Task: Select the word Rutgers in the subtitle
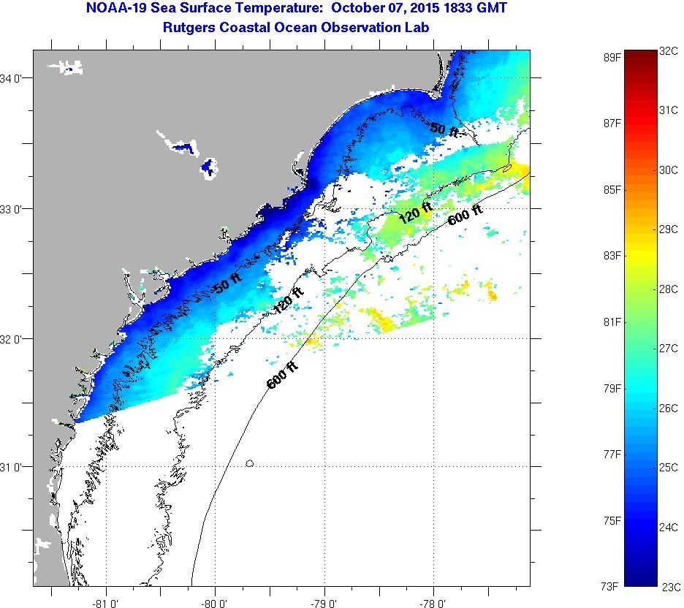pos(188,27)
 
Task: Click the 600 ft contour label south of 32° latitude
pos(282,374)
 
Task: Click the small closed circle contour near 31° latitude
pos(250,463)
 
